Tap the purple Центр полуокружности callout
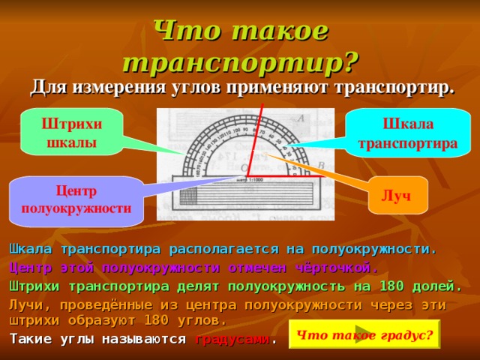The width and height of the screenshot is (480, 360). click(76, 200)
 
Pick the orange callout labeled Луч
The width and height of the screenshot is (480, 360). click(395, 195)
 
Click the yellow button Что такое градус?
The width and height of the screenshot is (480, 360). click(364, 334)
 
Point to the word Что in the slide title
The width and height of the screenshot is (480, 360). click(180, 30)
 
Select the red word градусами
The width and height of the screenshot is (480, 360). click(232, 338)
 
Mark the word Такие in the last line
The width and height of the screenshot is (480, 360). click(30, 338)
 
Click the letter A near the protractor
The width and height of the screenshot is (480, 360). click(300, 118)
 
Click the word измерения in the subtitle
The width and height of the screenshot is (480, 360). click(116, 87)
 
